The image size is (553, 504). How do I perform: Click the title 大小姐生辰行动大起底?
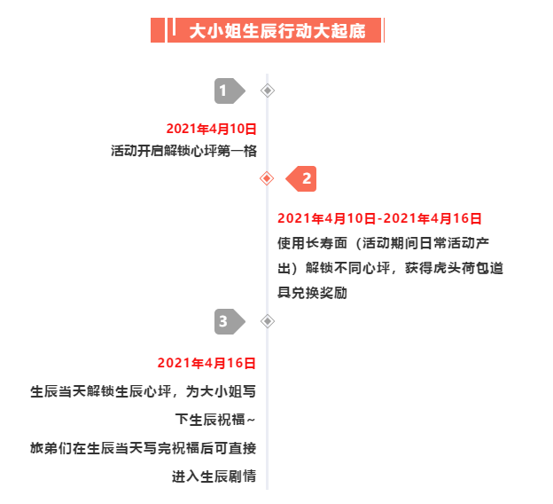pyautogui.click(x=277, y=31)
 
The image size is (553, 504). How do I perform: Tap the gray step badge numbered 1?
pyautogui.click(x=230, y=91)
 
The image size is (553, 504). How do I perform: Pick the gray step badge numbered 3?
pyautogui.click(x=230, y=321)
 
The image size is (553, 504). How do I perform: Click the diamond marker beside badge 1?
pyautogui.click(x=268, y=91)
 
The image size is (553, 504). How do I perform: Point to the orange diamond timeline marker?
pyautogui.click(x=267, y=178)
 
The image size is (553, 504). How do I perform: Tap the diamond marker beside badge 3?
pyautogui.click(x=268, y=321)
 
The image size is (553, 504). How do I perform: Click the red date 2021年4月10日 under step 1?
pyautogui.click(x=211, y=129)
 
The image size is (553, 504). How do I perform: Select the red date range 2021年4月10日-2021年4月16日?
pyautogui.click(x=379, y=218)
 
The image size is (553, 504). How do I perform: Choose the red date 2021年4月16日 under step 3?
pyautogui.click(x=206, y=363)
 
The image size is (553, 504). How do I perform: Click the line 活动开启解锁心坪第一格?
pyautogui.click(x=183, y=151)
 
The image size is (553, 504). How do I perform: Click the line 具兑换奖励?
pyautogui.click(x=313, y=293)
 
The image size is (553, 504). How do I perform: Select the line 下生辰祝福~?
pyautogui.click(x=215, y=420)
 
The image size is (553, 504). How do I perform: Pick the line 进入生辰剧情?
pyautogui.click(x=214, y=476)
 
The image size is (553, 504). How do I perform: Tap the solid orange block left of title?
pyautogui.click(x=158, y=30)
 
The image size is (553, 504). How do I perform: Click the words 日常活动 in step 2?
pyautogui.click(x=440, y=243)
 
